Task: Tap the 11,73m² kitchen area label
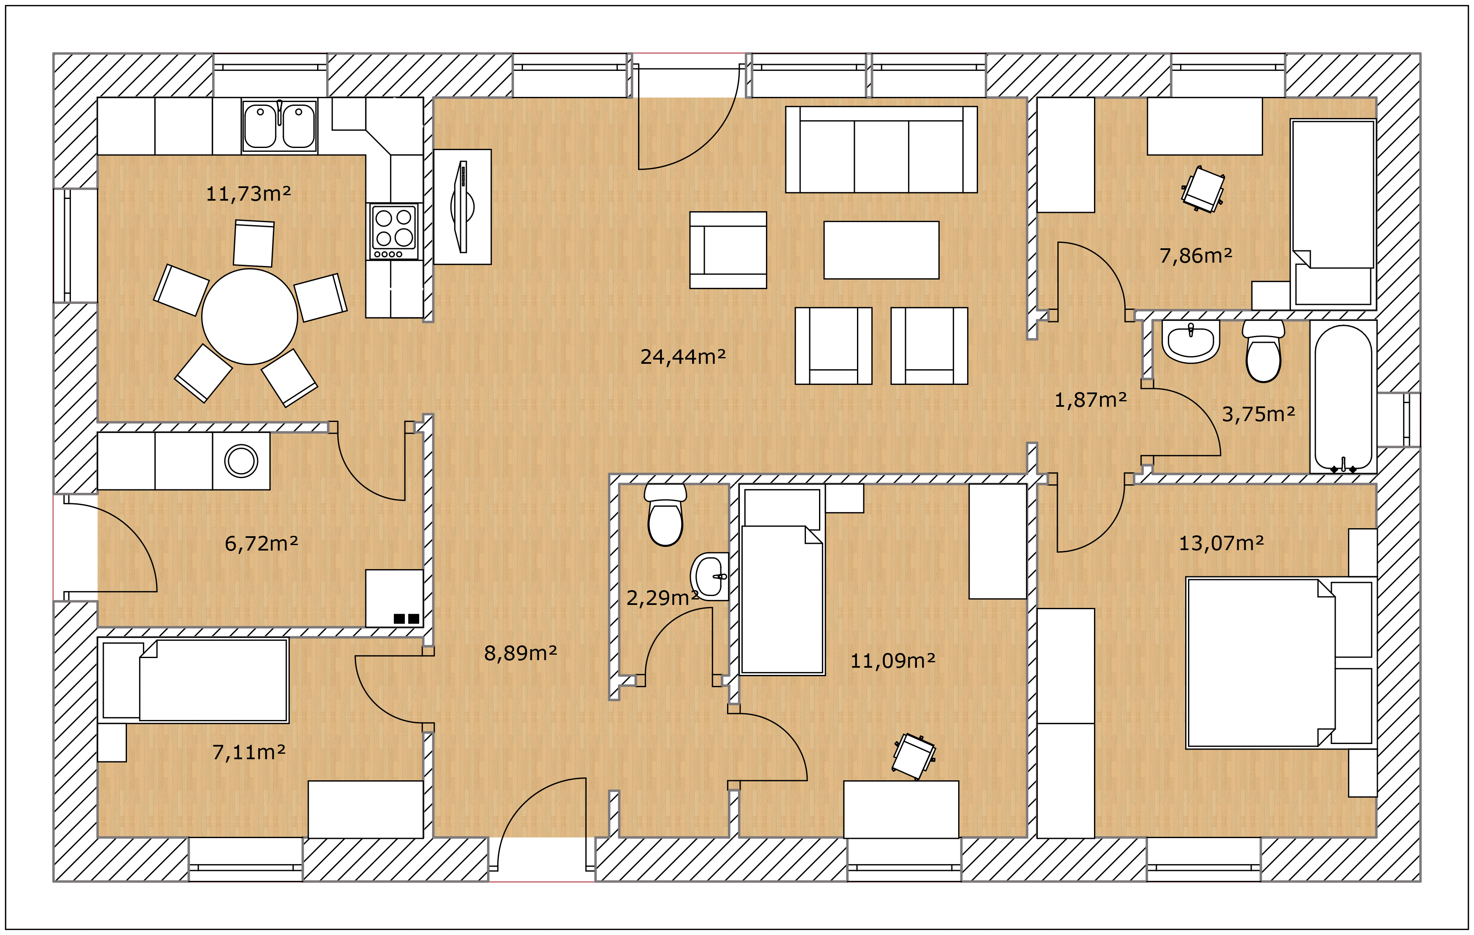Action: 248,194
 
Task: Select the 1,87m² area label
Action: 1090,400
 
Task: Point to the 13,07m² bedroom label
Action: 1221,543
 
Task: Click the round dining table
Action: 250,316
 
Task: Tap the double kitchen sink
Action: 279,126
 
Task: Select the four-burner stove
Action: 394,232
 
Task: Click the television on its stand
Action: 463,207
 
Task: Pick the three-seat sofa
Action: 881,150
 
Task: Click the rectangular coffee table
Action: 881,250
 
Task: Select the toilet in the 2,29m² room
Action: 666,515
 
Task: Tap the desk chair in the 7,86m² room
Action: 1203,189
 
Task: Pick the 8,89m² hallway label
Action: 520,653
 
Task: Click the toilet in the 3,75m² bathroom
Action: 1264,351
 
